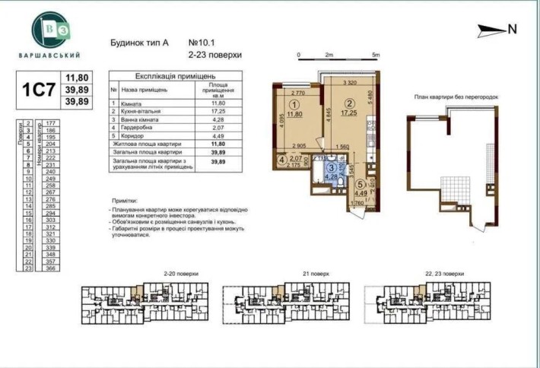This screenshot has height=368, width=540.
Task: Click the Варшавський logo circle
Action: [x=49, y=30]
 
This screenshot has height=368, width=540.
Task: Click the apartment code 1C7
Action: [x=37, y=88]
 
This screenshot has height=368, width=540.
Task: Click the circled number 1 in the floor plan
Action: [x=294, y=107]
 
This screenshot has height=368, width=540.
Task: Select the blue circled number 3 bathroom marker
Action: [x=332, y=167]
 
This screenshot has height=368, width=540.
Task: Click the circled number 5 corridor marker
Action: [x=360, y=183]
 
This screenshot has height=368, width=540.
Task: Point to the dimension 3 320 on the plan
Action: [x=350, y=82]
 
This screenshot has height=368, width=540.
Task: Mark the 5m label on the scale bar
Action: [x=376, y=56]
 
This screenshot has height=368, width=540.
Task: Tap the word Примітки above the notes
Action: [x=125, y=198]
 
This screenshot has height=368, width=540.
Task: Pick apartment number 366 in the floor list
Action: [x=52, y=267]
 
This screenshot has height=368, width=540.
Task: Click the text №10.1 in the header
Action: [x=199, y=43]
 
